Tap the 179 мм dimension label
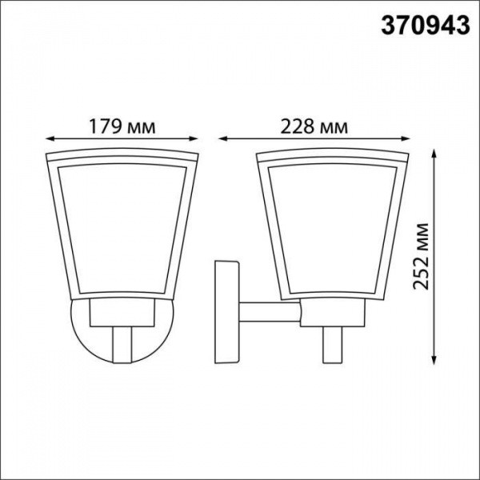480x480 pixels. click(x=122, y=126)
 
